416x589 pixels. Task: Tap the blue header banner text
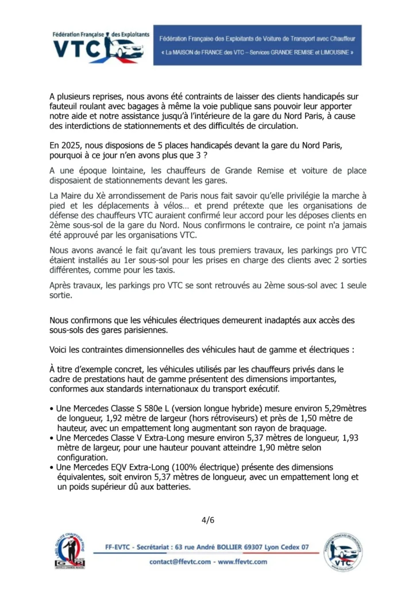[x=257, y=45]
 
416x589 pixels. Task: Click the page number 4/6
[x=207, y=521]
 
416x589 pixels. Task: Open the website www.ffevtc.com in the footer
[x=242, y=561]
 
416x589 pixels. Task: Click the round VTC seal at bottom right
[x=342, y=552]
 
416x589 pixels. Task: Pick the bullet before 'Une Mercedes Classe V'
[x=52, y=438]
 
